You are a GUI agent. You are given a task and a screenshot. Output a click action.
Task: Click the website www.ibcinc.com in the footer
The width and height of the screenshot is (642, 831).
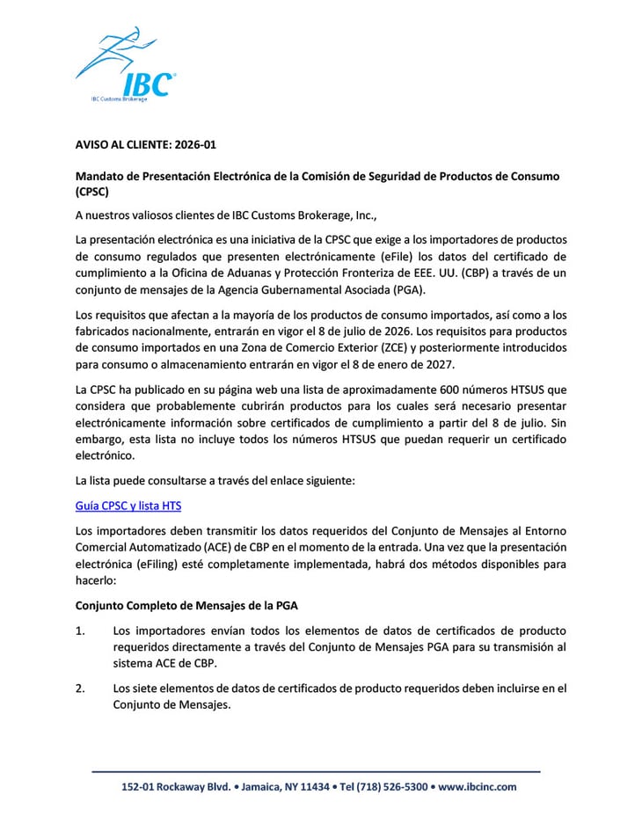click(x=478, y=787)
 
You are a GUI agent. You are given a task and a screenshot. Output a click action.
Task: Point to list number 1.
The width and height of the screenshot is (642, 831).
click(x=81, y=631)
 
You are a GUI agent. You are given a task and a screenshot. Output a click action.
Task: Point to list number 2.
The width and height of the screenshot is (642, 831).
click(x=81, y=688)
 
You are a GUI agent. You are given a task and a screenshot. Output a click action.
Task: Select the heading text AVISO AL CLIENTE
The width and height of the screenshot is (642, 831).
click(x=119, y=144)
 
